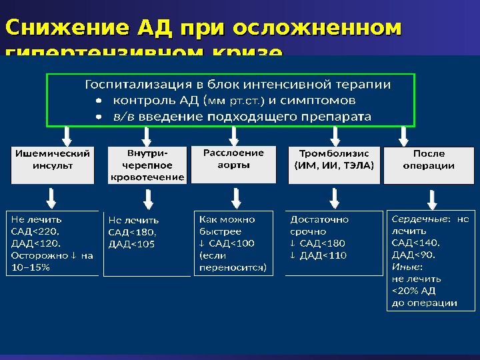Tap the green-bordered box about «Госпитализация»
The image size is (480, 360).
(x=230, y=100)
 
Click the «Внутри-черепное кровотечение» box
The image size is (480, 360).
(x=146, y=165)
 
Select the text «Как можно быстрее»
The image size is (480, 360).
(x=227, y=225)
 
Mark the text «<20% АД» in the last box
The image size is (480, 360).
(x=413, y=291)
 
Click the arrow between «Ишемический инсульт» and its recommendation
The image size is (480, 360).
(x=51, y=197)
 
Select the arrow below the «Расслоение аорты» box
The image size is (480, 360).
(x=235, y=197)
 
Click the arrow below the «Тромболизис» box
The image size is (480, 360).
(x=334, y=197)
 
